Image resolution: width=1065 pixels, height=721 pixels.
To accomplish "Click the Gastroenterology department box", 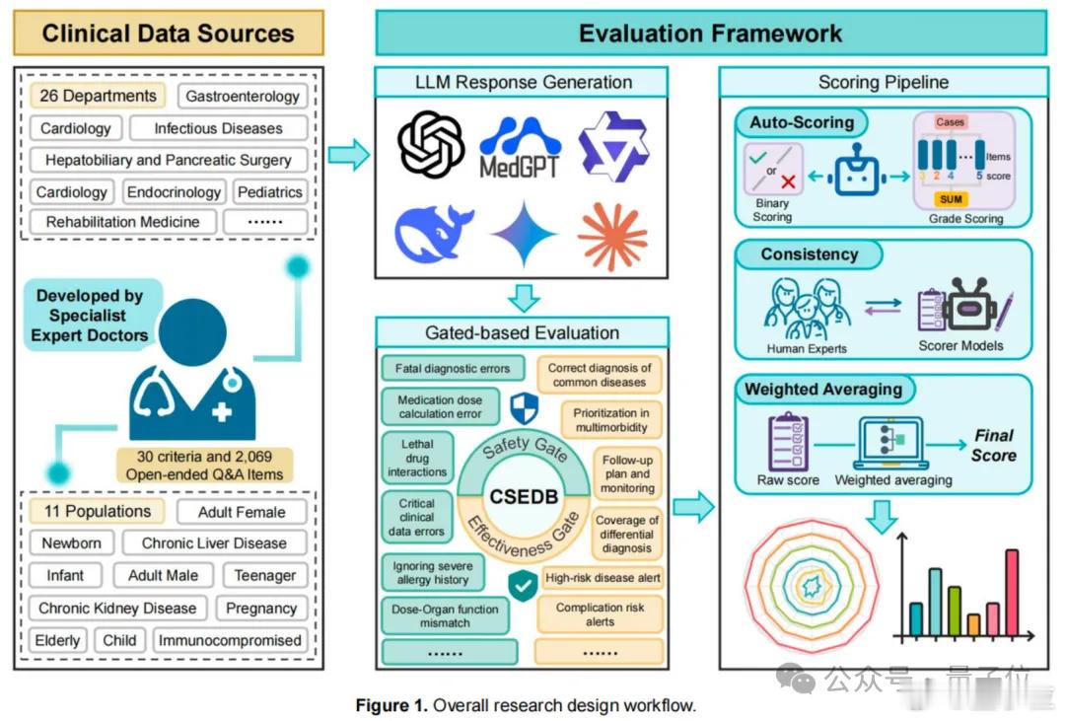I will tap(243, 97).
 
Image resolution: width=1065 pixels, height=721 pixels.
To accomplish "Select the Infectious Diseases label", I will tap(218, 128).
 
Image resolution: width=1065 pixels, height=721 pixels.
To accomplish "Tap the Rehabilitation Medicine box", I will tap(122, 222).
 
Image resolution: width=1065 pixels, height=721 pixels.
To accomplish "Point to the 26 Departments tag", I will tap(98, 96).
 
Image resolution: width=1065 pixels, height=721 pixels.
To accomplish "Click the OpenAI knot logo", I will tap(431, 144).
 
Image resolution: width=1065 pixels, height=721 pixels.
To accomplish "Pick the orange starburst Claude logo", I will tap(612, 236).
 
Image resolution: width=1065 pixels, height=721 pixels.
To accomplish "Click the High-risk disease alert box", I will tap(603, 578).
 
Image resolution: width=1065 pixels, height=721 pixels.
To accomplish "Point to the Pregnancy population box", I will tap(260, 609).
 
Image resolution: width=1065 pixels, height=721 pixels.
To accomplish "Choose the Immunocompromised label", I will tap(230, 640).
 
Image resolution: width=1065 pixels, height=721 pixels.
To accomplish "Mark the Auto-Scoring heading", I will tap(801, 122).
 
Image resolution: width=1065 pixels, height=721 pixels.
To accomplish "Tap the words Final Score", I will tap(993, 446).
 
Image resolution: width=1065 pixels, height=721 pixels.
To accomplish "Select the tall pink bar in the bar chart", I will tap(1011, 592).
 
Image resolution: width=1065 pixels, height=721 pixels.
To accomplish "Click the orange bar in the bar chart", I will tap(973, 623).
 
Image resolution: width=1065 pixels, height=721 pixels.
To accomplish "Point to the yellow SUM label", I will tap(951, 199).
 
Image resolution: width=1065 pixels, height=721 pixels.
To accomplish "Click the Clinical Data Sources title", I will tap(168, 33).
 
